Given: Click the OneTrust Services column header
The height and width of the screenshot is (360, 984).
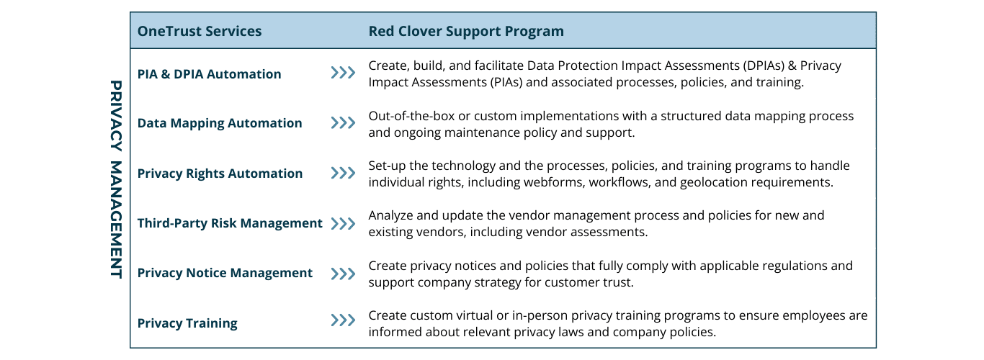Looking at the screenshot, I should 200,32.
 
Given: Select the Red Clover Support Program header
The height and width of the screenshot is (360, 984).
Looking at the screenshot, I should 466,32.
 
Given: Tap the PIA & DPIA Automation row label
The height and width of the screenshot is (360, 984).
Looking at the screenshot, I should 209,74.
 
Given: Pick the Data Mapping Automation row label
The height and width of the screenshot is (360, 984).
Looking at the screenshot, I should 220,123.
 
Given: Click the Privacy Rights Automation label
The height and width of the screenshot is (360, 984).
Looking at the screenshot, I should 220,174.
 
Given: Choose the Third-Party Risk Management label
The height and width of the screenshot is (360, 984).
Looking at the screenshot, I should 230,223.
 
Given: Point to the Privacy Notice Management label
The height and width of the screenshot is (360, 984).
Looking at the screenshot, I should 225,273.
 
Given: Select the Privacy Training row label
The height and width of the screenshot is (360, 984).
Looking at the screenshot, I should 187,323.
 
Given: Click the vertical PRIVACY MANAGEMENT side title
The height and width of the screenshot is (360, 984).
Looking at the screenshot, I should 116,179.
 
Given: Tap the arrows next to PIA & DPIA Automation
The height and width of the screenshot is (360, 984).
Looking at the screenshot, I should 343,73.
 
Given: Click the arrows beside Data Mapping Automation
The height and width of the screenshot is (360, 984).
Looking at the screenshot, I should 343,123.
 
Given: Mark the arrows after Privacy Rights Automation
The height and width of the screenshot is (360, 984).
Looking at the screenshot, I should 343,174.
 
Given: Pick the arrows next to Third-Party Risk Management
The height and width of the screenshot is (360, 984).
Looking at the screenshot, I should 343,223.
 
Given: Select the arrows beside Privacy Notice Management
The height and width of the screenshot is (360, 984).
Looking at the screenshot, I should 343,274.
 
